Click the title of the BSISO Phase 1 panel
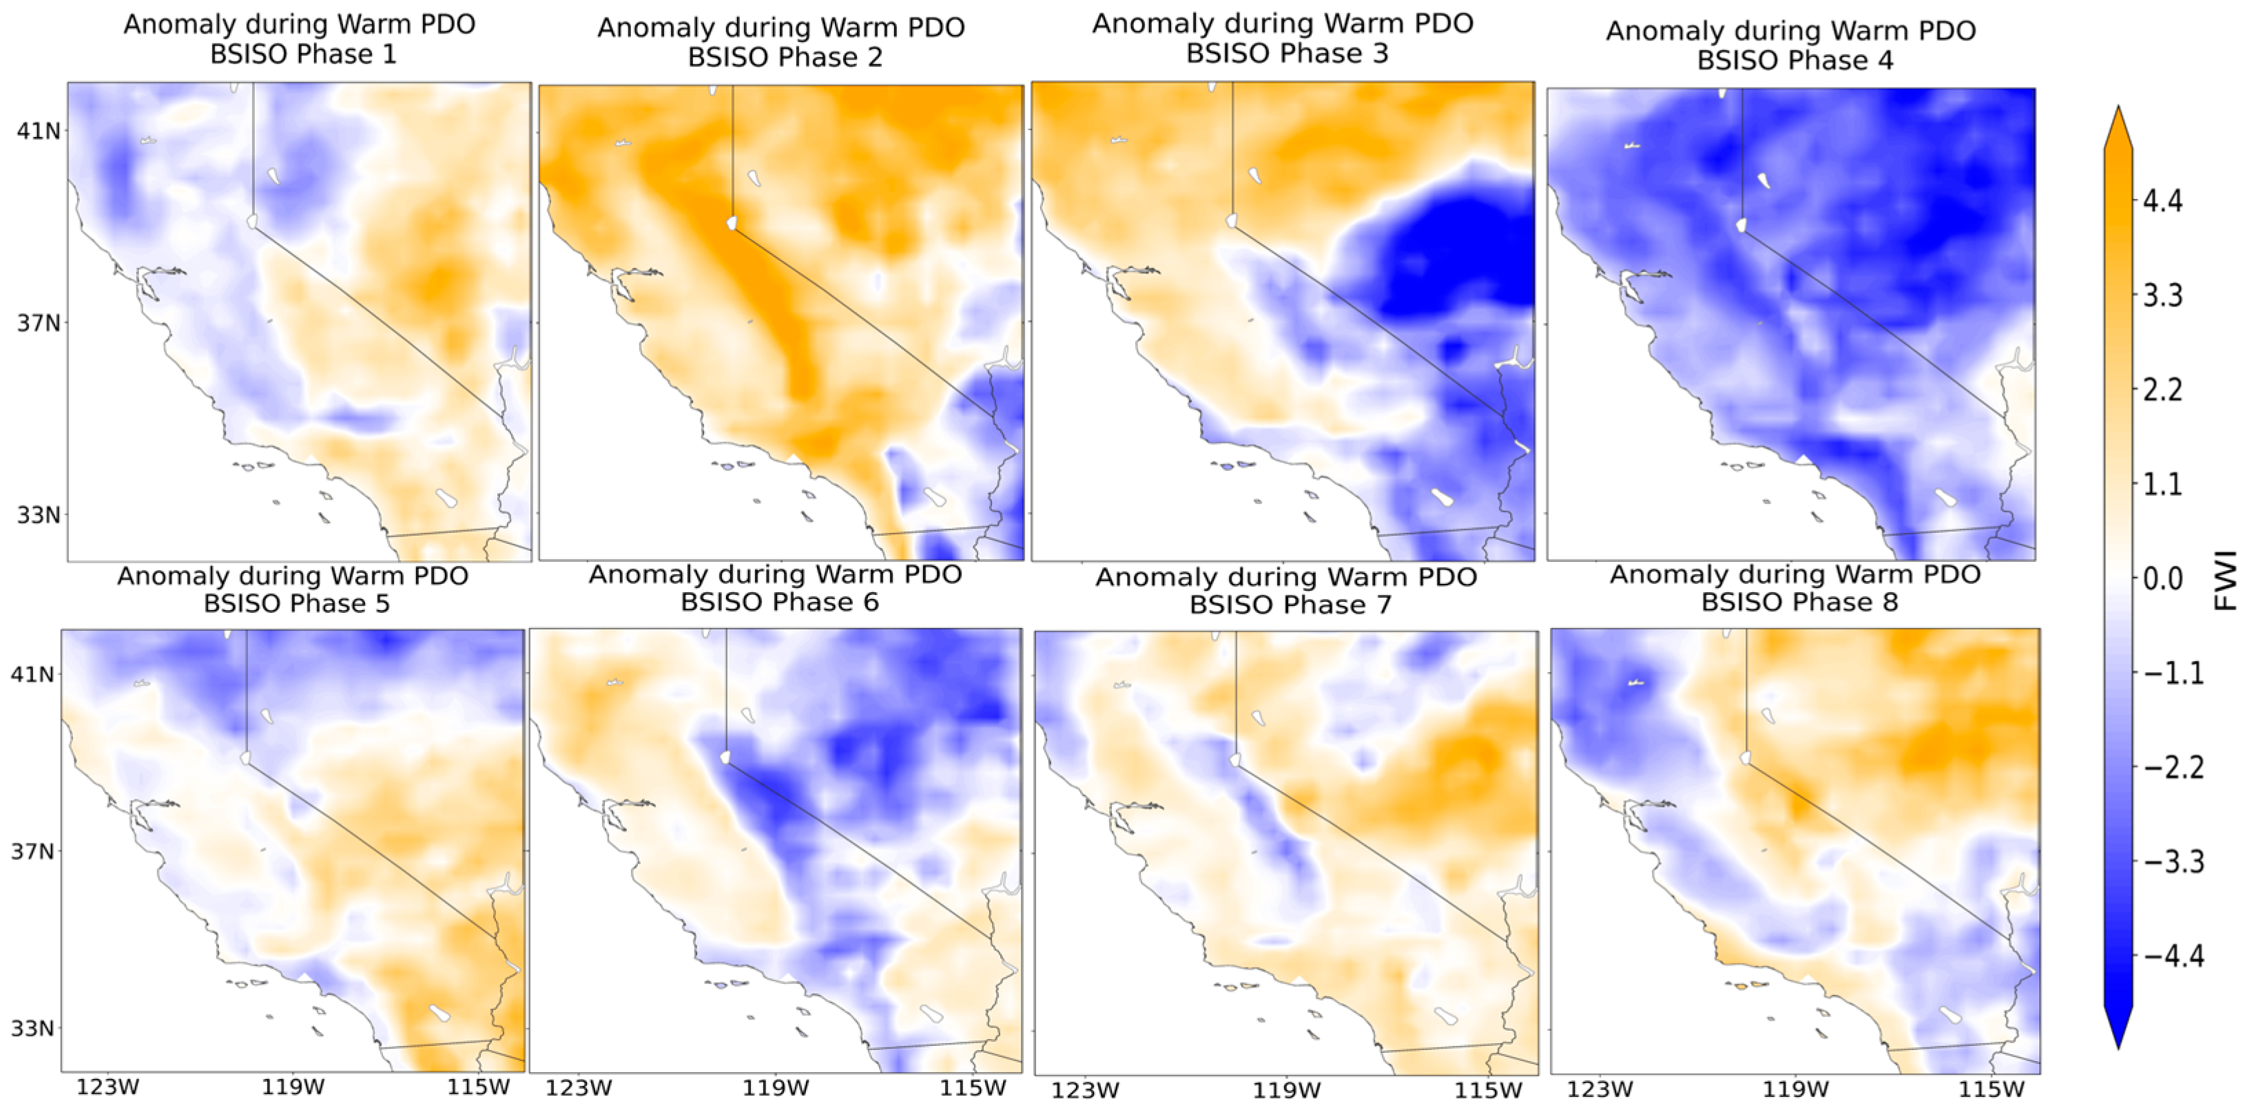pos(300,39)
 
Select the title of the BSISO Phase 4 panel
pos(1790,45)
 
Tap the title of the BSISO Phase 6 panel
pos(776,588)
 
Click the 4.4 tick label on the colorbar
pos(2162,201)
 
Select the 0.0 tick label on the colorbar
pos(2162,578)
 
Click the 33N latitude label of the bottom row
pos(32,1028)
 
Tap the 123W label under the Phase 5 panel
pos(107,1087)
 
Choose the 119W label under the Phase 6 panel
pos(776,1087)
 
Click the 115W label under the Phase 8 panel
pos(1991,1089)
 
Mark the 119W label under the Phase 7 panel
pos(1285,1090)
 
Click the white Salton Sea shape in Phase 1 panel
pos(447,499)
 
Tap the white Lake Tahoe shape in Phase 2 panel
pos(732,223)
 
